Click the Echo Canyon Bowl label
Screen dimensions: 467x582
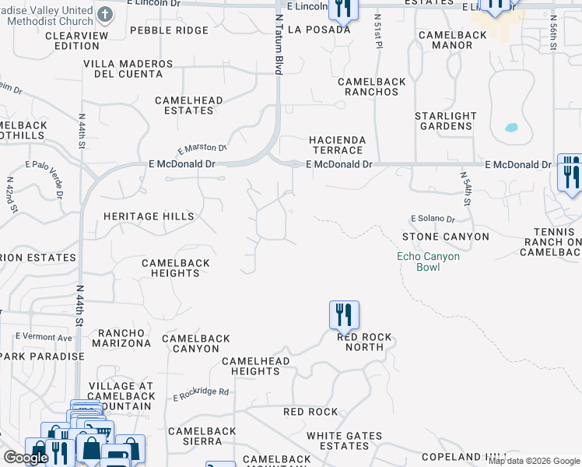[429, 262]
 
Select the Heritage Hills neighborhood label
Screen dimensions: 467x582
[149, 216]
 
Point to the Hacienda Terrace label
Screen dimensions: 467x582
[337, 145]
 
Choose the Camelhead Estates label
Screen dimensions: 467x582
[189, 105]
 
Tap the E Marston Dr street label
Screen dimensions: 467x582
[202, 148]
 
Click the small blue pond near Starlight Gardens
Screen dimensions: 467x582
[511, 128]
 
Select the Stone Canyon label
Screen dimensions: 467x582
[446, 237]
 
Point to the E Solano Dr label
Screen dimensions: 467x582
[433, 219]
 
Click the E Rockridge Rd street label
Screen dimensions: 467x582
[201, 395]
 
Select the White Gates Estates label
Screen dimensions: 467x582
[345, 441]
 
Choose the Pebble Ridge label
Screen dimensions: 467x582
[170, 30]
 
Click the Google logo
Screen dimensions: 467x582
[26, 458]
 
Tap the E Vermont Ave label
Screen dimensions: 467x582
[44, 337]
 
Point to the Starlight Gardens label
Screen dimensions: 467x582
[444, 121]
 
